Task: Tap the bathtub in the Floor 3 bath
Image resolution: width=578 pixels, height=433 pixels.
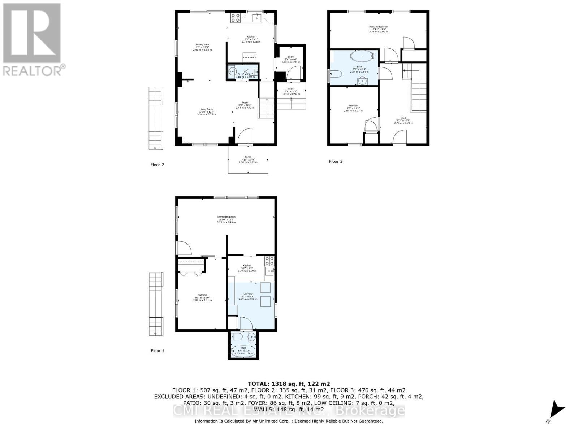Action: (x=362, y=56)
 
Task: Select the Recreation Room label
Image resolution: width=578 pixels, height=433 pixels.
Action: (x=226, y=217)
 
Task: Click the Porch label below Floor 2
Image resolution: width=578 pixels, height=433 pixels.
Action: (x=248, y=157)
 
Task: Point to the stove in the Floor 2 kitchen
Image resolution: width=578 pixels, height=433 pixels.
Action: (x=235, y=18)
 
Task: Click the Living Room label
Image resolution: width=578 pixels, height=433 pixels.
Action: (x=207, y=109)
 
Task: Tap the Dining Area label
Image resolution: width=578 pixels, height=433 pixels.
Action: (x=202, y=45)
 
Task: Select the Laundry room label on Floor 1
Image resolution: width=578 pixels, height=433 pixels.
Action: (x=247, y=294)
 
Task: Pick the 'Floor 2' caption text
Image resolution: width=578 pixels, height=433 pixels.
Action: (x=157, y=165)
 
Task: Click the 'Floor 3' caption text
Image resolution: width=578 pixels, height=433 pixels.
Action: (x=336, y=161)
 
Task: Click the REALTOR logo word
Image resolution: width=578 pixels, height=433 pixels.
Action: (x=34, y=70)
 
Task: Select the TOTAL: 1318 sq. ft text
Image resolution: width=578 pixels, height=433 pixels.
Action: (x=289, y=384)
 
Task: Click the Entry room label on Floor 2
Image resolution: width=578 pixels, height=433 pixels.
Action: (x=290, y=57)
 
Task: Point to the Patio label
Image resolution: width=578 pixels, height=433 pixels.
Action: (x=290, y=89)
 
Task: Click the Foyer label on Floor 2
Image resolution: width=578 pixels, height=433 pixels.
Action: (x=245, y=102)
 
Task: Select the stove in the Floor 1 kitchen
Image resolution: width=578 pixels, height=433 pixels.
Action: (x=269, y=261)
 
